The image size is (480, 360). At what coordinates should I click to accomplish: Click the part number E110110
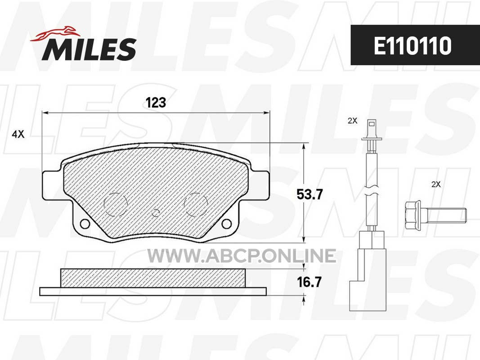click(413, 46)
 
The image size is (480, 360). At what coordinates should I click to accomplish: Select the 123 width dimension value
click(156, 103)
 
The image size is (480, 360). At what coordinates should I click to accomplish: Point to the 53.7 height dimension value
click(310, 194)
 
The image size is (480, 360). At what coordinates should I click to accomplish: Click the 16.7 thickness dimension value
click(310, 282)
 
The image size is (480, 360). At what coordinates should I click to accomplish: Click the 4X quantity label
click(18, 134)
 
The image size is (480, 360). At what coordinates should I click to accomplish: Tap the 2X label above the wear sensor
click(352, 121)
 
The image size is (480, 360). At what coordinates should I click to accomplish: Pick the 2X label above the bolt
click(435, 184)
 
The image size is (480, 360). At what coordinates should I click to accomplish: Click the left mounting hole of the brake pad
click(84, 224)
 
